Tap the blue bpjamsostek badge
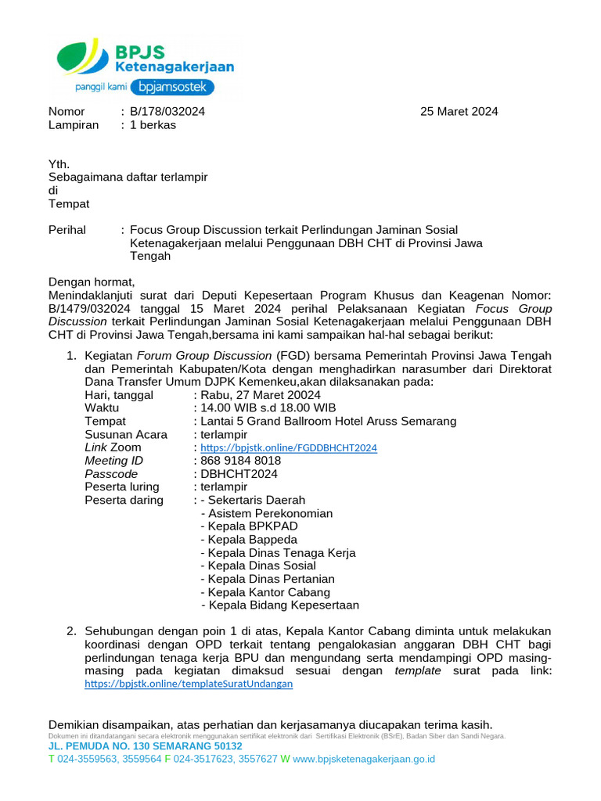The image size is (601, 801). pos(171,87)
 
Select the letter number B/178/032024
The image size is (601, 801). pos(167,111)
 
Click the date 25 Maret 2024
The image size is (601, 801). pos(459,111)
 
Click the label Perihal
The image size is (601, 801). pos(68,230)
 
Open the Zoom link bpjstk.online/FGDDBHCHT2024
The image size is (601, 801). pos(289,448)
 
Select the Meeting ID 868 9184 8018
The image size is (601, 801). pos(241,461)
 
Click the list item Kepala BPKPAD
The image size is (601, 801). pos(249,526)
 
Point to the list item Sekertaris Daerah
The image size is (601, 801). pos(256,500)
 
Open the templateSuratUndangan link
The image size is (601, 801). pos(189,684)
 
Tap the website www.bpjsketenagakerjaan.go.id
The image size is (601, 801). pos(364,759)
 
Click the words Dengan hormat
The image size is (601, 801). pos(92,282)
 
